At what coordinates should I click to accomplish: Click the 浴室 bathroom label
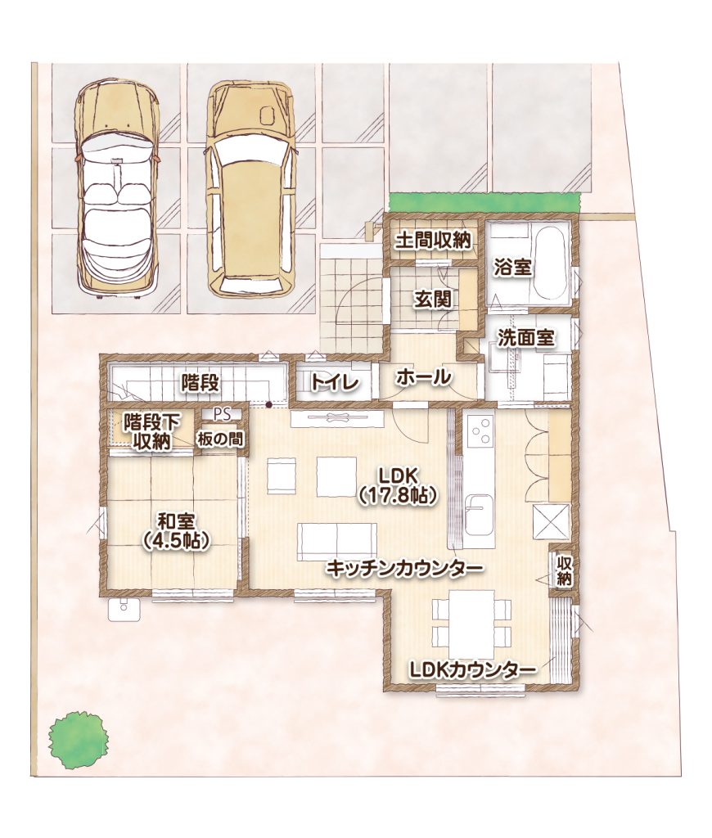[512, 268]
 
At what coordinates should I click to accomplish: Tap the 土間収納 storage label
[433, 241]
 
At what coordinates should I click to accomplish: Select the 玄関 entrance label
[432, 300]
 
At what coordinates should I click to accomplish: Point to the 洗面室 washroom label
[526, 338]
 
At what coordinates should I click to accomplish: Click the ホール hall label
[423, 378]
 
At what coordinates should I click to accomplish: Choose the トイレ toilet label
[334, 382]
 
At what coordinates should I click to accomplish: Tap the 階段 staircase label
[200, 382]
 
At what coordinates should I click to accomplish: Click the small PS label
[220, 413]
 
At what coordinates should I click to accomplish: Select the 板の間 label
[220, 439]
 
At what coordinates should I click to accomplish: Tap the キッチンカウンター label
[404, 569]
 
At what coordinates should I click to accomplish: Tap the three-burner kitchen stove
[480, 430]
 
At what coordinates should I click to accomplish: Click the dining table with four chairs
[471, 624]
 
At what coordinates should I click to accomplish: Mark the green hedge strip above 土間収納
[484, 203]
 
